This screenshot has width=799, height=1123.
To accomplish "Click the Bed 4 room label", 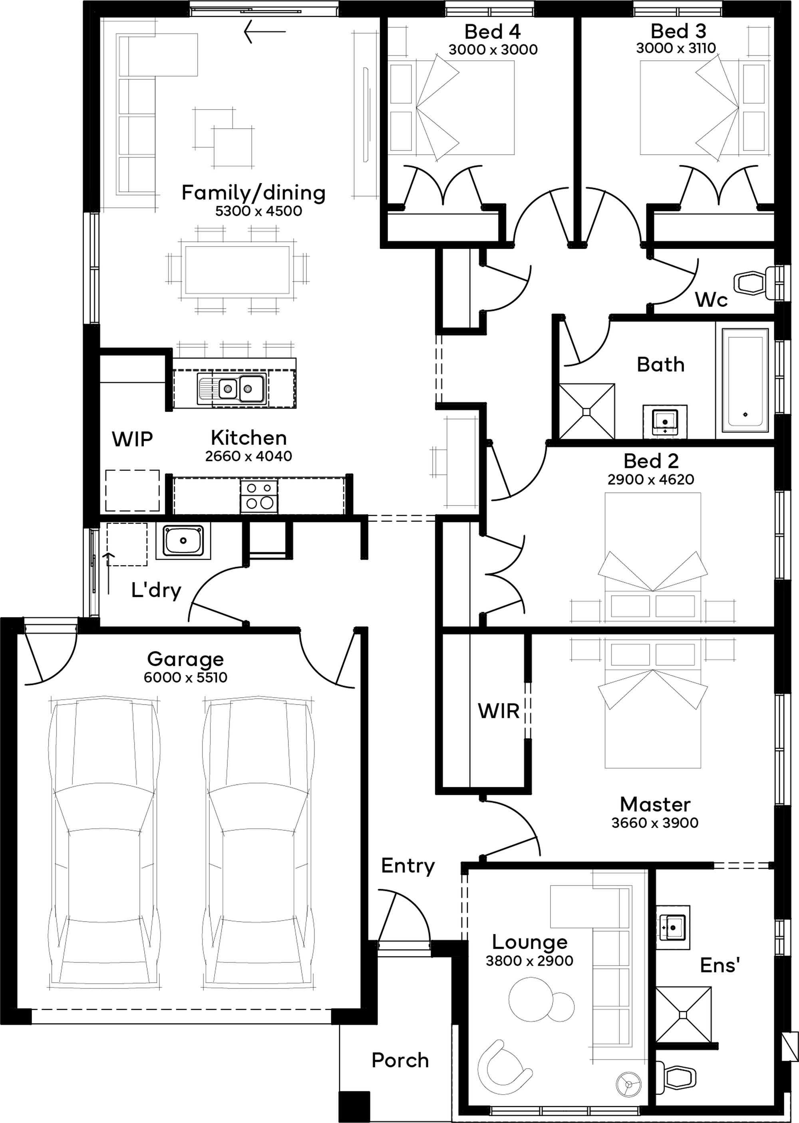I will point(492,32).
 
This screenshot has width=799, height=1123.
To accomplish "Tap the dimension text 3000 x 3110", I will point(676,48).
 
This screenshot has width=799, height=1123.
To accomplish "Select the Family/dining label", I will point(253,193).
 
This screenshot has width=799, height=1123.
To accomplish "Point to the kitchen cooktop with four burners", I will point(259,496).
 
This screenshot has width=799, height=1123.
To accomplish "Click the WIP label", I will point(132,439).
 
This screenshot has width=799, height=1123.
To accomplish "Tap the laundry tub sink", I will point(183,541).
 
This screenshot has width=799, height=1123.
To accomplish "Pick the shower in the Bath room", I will point(587,411).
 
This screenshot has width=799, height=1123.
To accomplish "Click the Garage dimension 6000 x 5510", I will point(185,678).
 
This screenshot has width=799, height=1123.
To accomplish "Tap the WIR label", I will point(499,711).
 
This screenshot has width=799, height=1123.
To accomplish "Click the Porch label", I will point(399,1061).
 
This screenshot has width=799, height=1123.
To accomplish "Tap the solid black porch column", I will point(354,1107).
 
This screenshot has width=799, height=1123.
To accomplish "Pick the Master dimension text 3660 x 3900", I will point(654,823).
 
